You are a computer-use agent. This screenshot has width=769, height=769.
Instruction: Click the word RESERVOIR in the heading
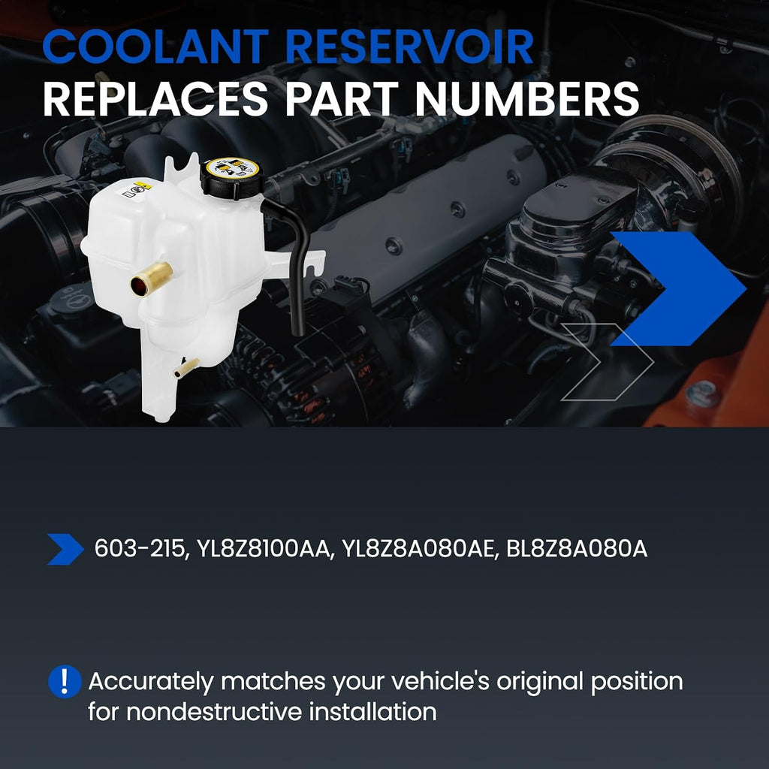(409, 46)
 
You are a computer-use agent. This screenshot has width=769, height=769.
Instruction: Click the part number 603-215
(141, 549)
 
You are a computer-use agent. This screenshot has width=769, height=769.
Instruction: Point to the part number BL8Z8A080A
(577, 549)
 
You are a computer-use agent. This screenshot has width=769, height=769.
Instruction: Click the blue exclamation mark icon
(65, 681)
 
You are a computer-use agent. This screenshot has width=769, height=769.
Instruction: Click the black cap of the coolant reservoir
(231, 177)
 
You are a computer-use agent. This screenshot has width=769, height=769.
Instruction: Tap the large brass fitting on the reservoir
(152, 279)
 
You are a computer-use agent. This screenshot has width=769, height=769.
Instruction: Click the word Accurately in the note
(151, 682)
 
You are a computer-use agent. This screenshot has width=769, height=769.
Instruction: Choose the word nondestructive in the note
(214, 712)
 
